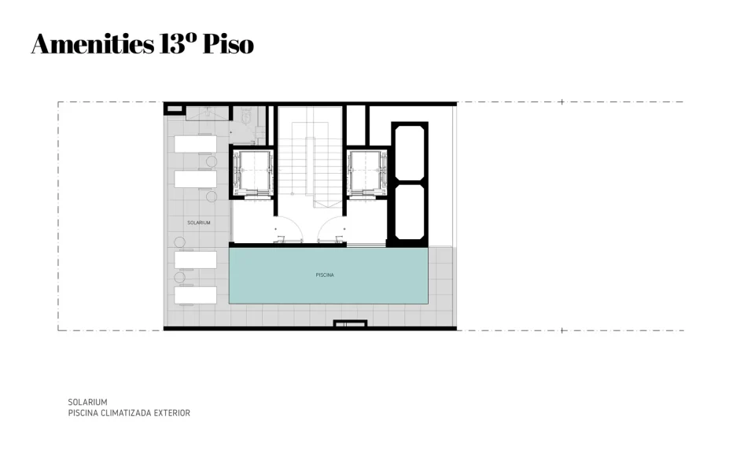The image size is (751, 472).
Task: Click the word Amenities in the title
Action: (92, 44)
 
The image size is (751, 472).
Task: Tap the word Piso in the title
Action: (228, 44)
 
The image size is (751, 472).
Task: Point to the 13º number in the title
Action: (178, 44)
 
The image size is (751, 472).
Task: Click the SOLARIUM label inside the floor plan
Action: (198, 223)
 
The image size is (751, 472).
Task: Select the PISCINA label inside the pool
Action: (325, 275)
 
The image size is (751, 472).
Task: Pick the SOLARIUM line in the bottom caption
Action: (87, 402)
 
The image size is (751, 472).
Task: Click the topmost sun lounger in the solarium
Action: (195, 144)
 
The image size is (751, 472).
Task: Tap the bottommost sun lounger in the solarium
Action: (195, 295)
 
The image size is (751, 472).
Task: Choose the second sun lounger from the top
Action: (195, 179)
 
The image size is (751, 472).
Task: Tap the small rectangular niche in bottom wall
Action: (350, 323)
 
